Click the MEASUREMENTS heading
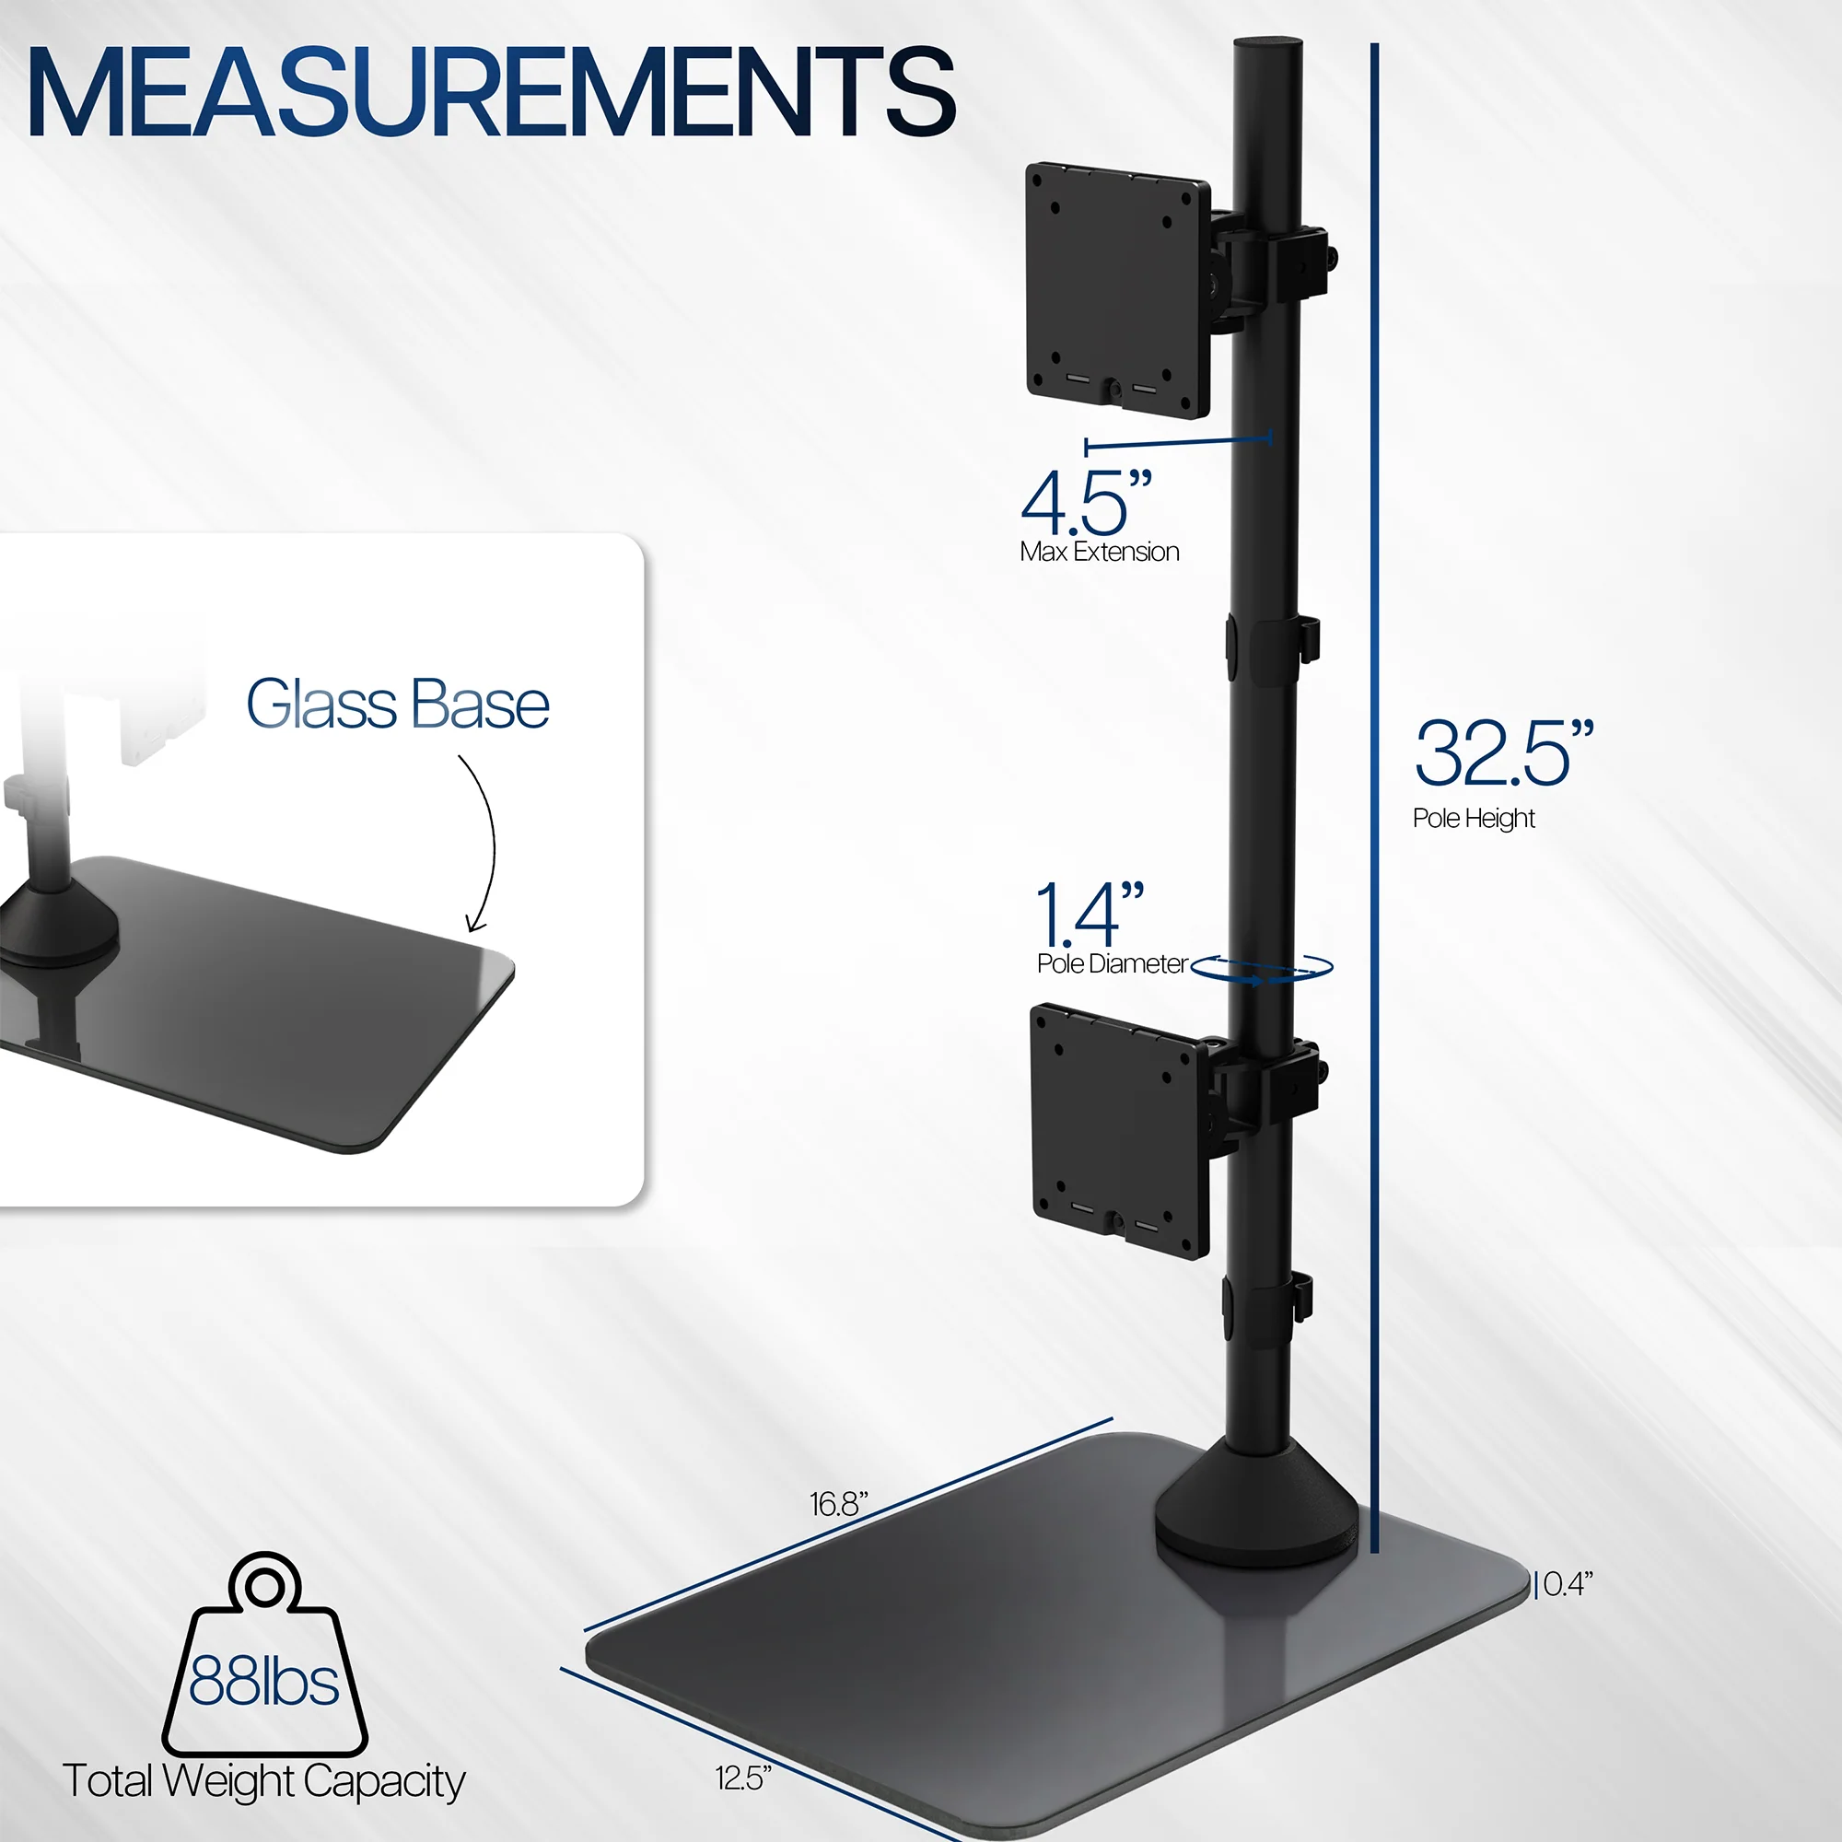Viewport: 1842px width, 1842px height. (491, 92)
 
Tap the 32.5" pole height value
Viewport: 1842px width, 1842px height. (1501, 754)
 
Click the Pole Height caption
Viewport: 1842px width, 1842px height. (1473, 818)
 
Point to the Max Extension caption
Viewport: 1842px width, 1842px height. (1099, 552)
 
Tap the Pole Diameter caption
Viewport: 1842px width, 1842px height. (1112, 964)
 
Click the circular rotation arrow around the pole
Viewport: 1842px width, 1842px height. (1262, 969)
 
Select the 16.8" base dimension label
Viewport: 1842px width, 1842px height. (838, 1504)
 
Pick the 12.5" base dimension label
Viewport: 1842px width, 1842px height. (742, 1778)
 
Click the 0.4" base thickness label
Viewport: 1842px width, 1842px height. (1568, 1583)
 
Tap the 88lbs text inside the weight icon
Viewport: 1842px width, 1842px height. (263, 1681)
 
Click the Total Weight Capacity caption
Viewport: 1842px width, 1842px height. (263, 1780)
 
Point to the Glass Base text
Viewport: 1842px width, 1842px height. (398, 705)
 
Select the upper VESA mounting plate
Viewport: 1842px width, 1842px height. (1116, 290)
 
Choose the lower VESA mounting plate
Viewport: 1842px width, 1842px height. (1120, 1129)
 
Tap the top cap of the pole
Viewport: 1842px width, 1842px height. (1266, 46)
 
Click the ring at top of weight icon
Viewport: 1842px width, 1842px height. (264, 1586)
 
